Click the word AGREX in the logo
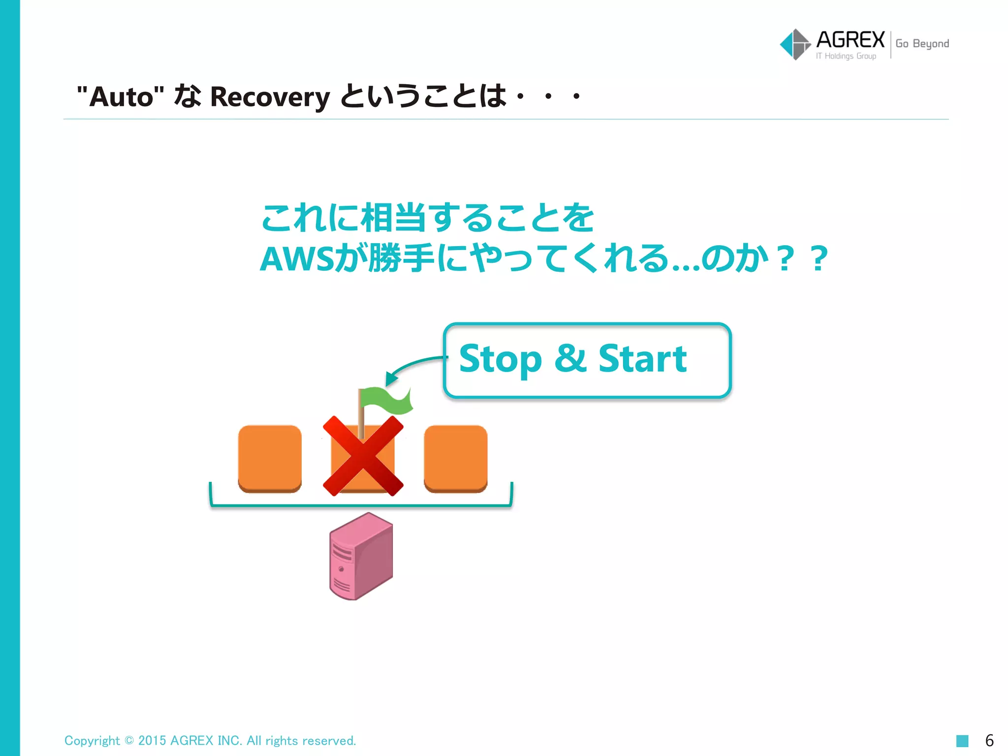pos(850,39)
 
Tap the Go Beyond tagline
pos(922,44)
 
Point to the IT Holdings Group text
pos(846,56)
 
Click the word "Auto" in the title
pos(121,96)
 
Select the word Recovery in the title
pos(270,97)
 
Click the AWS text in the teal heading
pos(297,259)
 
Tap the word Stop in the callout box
pos(500,359)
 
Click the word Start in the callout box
pos(642,359)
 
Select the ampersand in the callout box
pos(570,358)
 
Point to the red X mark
pos(363,455)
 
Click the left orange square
pos(270,458)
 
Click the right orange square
pos(456,458)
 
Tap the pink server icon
pos(361,556)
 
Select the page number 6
pos(989,740)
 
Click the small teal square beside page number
pos(962,741)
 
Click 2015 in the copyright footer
pos(152,741)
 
